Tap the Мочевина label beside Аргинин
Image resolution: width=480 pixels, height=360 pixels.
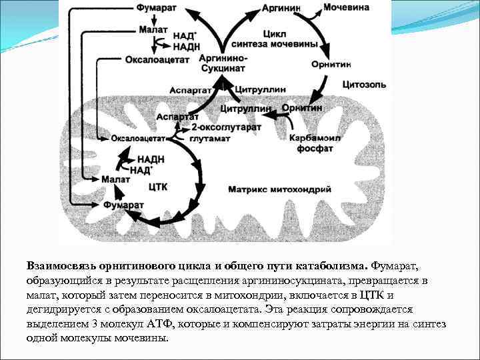pos(347,8)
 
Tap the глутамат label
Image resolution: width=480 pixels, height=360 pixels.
pos(209,139)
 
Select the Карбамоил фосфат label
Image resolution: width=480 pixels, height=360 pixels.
pos(312,143)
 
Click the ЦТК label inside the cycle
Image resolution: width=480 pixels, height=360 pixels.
pos(158,187)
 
